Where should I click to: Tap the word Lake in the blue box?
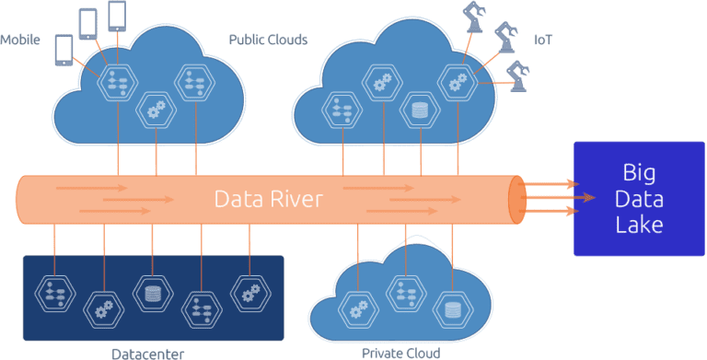[x=638, y=225]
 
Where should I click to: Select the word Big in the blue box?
[x=638, y=172]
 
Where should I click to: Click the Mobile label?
[x=19, y=41]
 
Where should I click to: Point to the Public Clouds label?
[x=268, y=41]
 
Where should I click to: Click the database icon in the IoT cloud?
[x=420, y=110]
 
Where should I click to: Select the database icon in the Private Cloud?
[x=452, y=308]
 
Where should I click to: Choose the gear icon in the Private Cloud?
[x=354, y=308]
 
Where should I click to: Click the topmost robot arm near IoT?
[x=475, y=16]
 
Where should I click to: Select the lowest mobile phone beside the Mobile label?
[x=64, y=50]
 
